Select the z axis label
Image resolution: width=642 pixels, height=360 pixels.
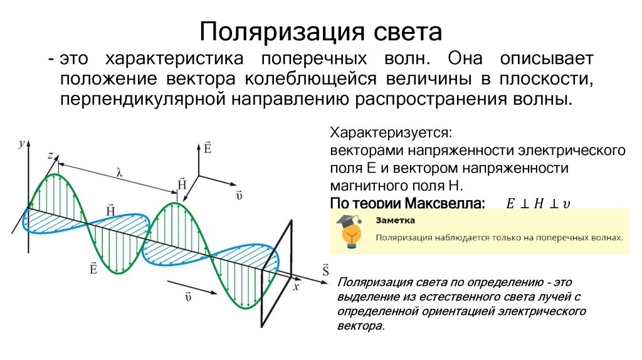coord(49,154)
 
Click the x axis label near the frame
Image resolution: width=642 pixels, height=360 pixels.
coord(296,287)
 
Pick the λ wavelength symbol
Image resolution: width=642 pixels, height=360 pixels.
coord(118,171)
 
